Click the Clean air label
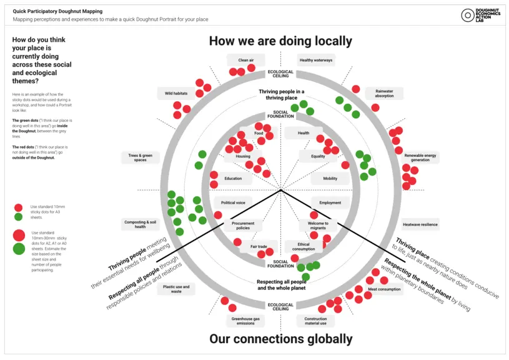coord(245,60)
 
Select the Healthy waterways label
coord(315,60)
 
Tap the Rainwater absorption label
coord(384,93)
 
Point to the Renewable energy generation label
coord(420,157)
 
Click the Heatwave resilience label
coord(420,224)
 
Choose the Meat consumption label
coord(384,289)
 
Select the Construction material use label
coord(315,321)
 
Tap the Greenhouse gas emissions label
coord(245,321)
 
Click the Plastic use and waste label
coord(176,289)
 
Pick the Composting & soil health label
coord(141,224)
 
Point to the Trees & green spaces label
coord(141,157)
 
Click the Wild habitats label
coord(176,93)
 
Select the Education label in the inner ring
coord(233,178)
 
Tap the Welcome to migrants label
coord(317,226)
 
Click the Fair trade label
coord(259,246)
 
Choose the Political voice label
coord(233,202)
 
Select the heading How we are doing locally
coord(280,41)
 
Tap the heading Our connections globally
coord(280,339)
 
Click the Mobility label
coord(330,178)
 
